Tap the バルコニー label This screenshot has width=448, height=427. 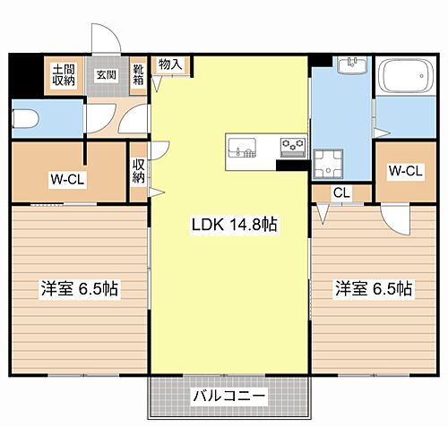coord(228,395)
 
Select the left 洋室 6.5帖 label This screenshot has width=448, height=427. coord(80,289)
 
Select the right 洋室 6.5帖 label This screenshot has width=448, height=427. coord(374,289)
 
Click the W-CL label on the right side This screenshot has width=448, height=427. coord(405,171)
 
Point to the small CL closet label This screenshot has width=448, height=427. coord(341,192)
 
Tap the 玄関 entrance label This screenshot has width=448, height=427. coord(107,74)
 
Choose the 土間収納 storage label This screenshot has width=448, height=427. coord(63,74)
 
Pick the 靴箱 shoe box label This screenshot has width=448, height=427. coord(140,74)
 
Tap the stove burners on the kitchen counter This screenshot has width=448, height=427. coord(292,146)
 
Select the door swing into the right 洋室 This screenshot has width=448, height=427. coord(392,215)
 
